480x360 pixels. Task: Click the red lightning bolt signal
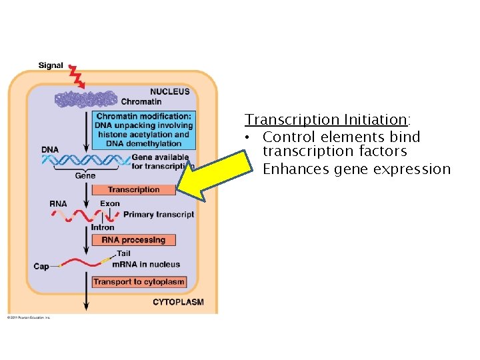click(x=77, y=76)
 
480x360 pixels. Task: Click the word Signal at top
click(x=51, y=65)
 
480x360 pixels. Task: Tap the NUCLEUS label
click(x=169, y=91)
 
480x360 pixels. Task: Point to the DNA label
click(x=50, y=149)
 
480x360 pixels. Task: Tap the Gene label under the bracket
click(x=85, y=176)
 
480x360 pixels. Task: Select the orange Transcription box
click(x=133, y=190)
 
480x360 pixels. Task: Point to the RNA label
click(x=58, y=203)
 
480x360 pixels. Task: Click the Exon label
click(x=110, y=203)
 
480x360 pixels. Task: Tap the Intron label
click(x=103, y=227)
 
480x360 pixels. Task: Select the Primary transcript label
click(x=159, y=215)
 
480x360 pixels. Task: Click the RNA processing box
click(x=133, y=240)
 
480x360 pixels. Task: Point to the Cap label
click(x=41, y=267)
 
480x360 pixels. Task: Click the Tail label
click(x=123, y=253)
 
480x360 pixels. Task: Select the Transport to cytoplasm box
click(x=139, y=282)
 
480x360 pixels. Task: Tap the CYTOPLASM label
click(x=178, y=302)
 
